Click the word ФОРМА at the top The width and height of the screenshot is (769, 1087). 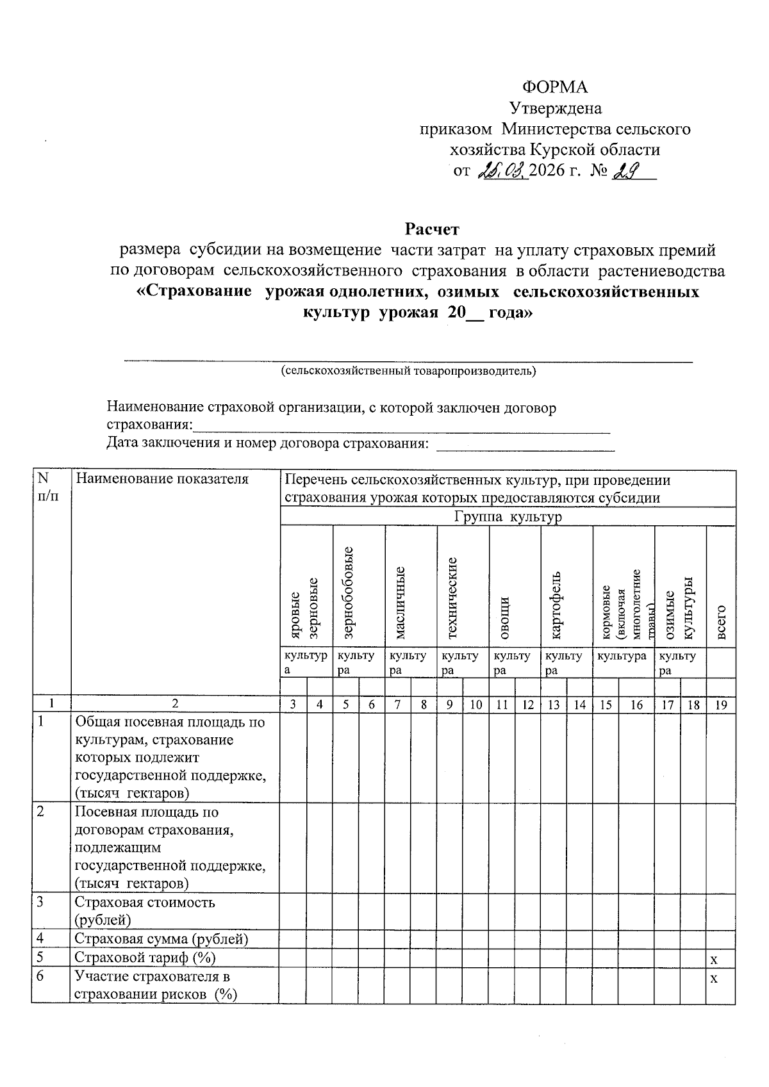tap(555, 87)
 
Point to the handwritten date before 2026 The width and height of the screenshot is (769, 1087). tap(502, 171)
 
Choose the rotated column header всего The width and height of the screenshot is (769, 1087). tap(722, 621)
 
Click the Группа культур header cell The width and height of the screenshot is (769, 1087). tap(508, 517)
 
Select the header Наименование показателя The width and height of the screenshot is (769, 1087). tap(161, 479)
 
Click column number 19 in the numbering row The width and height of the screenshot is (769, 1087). tap(721, 705)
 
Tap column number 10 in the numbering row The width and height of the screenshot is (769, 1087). tap(476, 705)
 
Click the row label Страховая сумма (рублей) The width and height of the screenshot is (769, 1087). tap(161, 939)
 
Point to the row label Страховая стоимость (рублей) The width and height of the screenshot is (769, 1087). tap(145, 911)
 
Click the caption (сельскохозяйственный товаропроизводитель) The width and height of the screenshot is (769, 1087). tap(408, 371)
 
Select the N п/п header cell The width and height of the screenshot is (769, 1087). tap(45, 487)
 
